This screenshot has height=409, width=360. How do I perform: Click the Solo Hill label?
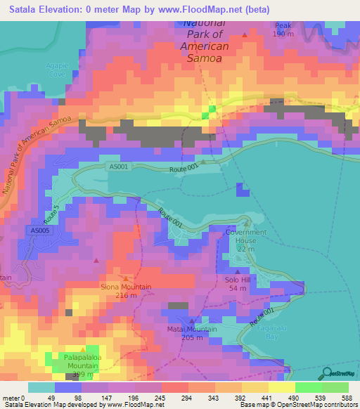(x=237, y=279)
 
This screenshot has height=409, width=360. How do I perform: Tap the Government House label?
(x=246, y=232)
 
